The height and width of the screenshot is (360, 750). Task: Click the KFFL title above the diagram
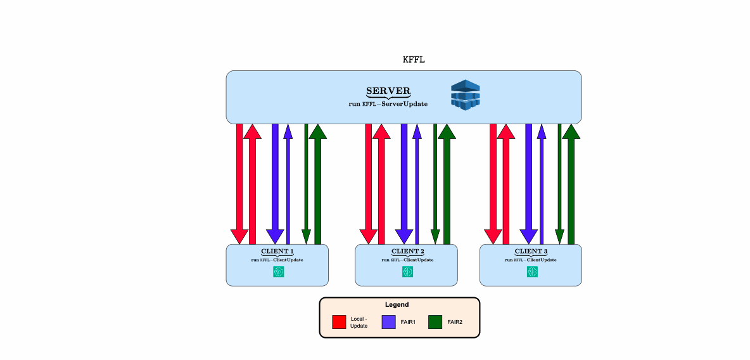point(414,60)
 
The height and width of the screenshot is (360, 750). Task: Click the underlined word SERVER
point(388,91)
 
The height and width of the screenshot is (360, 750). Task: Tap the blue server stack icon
point(466,96)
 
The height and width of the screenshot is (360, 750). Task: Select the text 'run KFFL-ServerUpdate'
point(388,104)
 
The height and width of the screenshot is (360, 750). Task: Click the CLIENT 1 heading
point(277,252)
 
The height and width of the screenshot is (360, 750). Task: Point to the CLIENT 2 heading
point(407,252)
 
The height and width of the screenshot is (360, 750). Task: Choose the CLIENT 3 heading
point(531,252)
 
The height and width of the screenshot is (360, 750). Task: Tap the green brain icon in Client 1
point(279,271)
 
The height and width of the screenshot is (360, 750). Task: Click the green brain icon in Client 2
point(407,271)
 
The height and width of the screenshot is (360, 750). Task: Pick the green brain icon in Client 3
point(532,271)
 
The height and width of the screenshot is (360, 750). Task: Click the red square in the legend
point(339,322)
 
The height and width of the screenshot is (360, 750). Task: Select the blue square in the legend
point(388,322)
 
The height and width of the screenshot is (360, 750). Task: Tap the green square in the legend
point(435,322)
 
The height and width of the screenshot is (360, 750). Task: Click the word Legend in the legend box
point(397,305)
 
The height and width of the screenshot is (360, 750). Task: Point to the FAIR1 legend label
point(408,322)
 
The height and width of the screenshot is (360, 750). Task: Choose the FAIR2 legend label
point(455,322)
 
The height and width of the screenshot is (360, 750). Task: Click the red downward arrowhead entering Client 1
point(239,236)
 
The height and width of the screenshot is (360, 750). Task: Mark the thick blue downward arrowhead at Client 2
point(404,236)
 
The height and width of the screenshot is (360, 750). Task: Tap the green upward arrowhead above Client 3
point(571,131)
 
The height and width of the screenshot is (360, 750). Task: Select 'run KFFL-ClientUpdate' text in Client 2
point(407,260)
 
